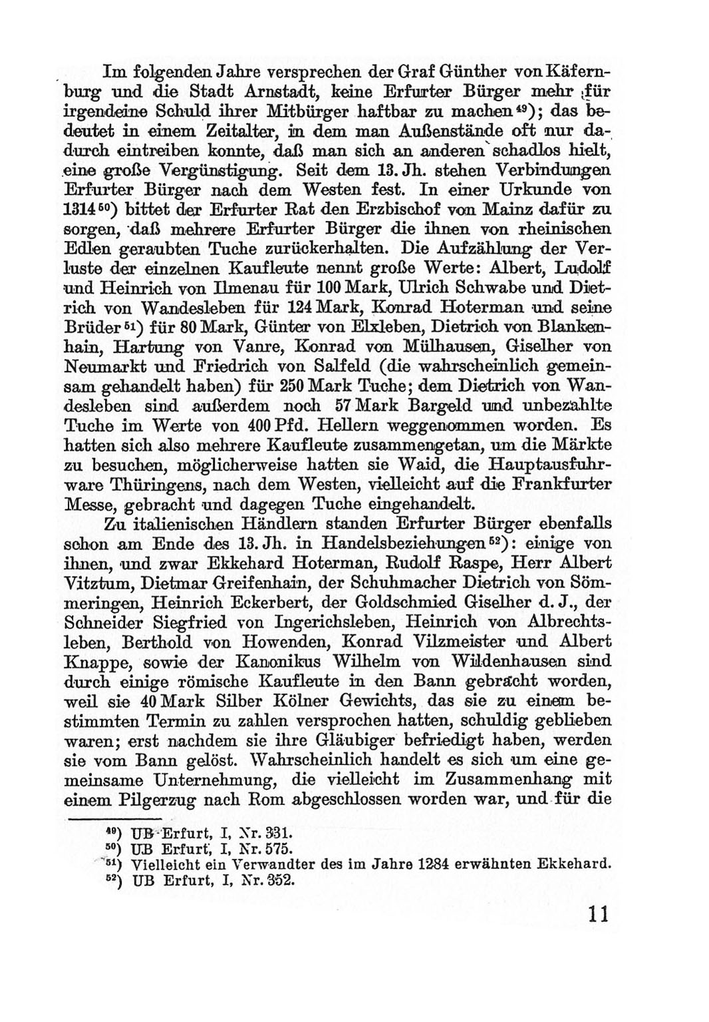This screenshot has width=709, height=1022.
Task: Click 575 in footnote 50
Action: pyautogui.click(x=277, y=849)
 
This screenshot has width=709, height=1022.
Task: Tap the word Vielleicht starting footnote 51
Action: pyautogui.click(x=166, y=865)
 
